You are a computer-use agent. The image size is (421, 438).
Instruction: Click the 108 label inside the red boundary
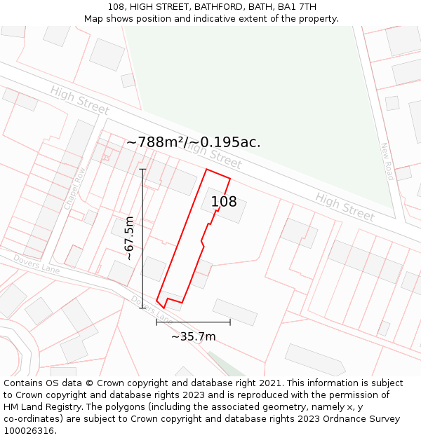coord(224,202)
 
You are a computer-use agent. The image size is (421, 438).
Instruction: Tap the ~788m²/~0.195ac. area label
coord(193,142)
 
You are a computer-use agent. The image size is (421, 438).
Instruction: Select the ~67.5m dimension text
coord(129,238)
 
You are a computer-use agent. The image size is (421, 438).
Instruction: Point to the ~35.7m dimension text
coord(193,336)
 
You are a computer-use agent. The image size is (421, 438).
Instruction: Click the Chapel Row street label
coord(74,188)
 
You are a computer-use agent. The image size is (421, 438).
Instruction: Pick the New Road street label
coord(387,161)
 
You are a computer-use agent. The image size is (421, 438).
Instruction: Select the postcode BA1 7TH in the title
coord(297,7)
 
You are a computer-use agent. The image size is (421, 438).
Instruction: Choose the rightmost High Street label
coord(345,206)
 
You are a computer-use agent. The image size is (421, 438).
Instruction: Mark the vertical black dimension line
coord(142,238)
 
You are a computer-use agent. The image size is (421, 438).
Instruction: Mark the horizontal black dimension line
coord(193,322)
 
